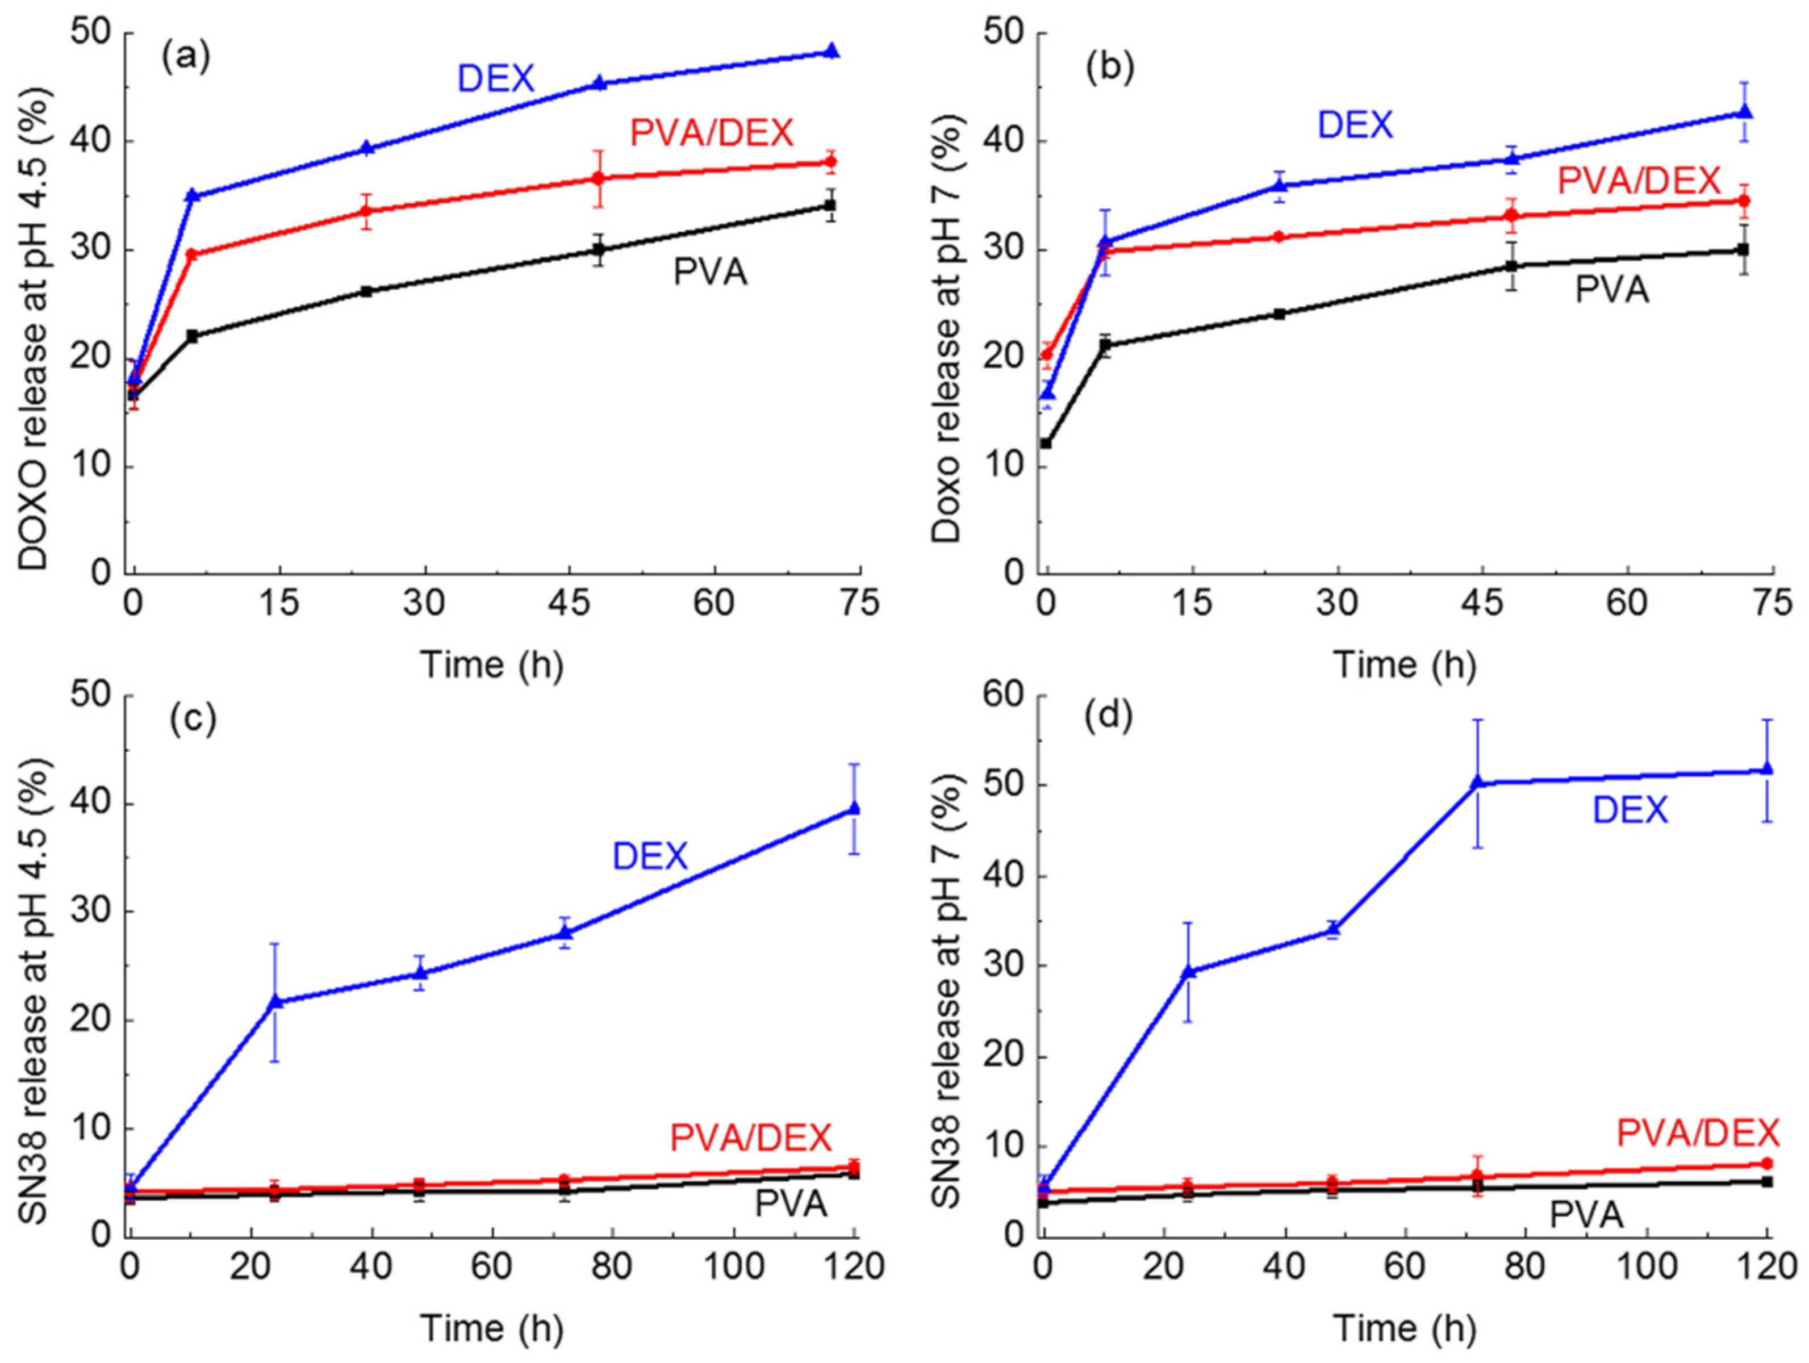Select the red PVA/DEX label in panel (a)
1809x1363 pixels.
tap(712, 132)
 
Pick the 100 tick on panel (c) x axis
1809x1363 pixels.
tap(734, 1266)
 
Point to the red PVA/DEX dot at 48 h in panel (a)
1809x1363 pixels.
tap(598, 178)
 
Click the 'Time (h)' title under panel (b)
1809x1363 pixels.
tap(1405, 664)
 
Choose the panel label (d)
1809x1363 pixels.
tap(1108, 718)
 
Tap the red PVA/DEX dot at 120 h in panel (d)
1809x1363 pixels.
tap(1766, 1164)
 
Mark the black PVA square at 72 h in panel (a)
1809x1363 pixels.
tap(831, 205)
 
